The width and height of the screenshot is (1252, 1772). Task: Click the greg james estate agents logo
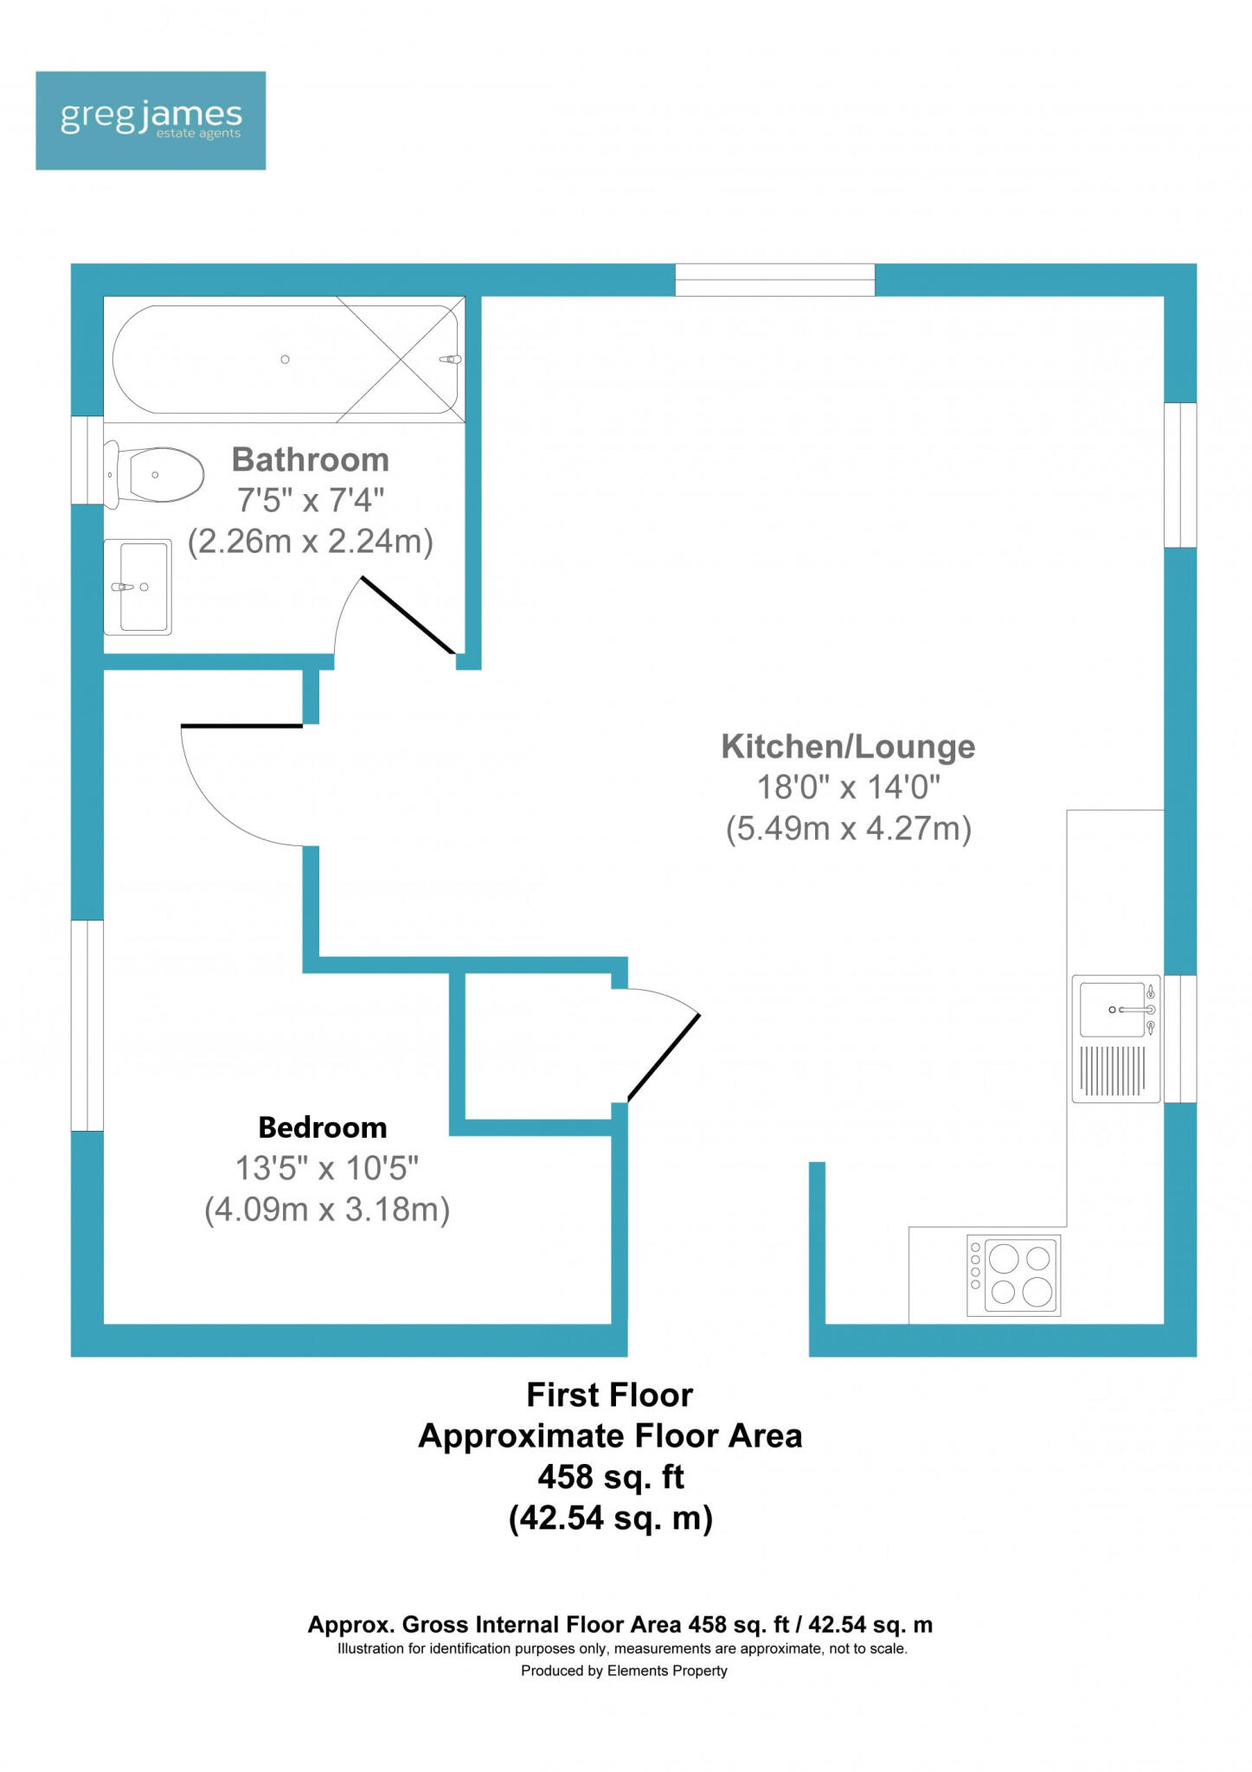[151, 120]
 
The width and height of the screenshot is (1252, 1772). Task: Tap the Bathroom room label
[311, 459]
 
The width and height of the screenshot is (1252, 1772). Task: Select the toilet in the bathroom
[153, 474]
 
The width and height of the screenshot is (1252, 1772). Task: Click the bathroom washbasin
[138, 587]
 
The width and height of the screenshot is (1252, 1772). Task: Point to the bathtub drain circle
[285, 359]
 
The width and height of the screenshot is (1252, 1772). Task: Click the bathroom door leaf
[408, 615]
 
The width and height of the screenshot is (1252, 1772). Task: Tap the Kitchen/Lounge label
[849, 746]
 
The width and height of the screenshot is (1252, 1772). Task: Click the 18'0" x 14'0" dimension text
[849, 787]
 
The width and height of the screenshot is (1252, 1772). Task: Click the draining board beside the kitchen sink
[1114, 1070]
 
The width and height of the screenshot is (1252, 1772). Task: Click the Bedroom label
[323, 1127]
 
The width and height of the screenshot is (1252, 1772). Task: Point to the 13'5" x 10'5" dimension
[327, 1168]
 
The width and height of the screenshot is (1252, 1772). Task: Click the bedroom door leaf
[241, 725]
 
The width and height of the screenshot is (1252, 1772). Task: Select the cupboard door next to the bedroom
[664, 1057]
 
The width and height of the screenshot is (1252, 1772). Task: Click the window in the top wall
[775, 279]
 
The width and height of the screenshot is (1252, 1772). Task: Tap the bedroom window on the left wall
[87, 1025]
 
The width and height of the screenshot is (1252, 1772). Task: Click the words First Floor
[610, 1395]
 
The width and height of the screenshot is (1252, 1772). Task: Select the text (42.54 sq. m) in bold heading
[611, 1518]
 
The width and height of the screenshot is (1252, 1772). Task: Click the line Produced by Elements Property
[624, 1671]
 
